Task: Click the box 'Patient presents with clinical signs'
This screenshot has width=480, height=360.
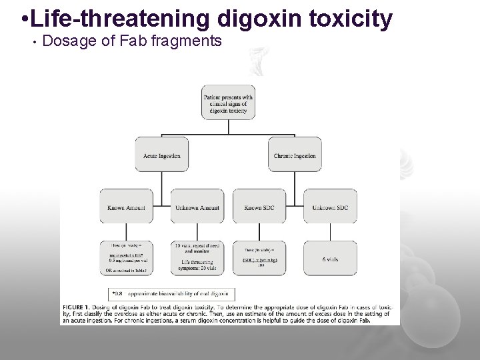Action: tap(227, 103)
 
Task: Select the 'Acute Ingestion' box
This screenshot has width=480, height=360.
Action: tap(161, 155)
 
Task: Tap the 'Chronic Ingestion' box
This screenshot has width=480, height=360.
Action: tap(294, 155)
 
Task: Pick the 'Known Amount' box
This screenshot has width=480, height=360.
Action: tap(126, 207)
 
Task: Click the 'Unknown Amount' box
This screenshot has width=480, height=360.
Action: tap(197, 207)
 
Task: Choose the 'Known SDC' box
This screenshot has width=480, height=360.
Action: tap(259, 207)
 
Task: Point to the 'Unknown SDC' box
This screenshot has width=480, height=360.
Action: tap(330, 207)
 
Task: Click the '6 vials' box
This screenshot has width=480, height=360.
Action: tap(330, 258)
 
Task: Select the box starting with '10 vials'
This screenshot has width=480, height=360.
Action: tap(197, 258)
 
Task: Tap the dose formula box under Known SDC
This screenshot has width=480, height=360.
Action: tap(259, 258)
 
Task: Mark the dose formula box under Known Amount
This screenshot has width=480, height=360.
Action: tap(126, 258)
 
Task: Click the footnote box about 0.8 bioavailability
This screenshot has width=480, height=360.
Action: tap(172, 293)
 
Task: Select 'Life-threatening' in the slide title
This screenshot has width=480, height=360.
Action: tap(108, 18)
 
